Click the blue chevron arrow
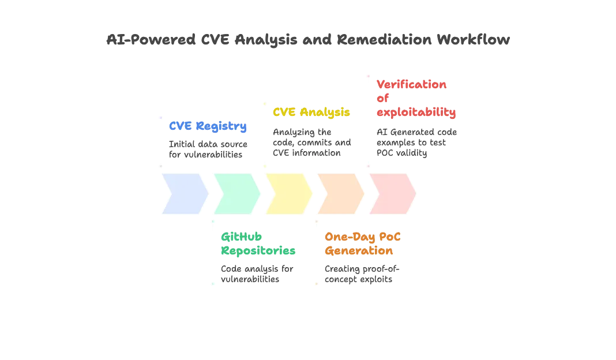tap(184, 194)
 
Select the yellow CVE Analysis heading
tap(311, 112)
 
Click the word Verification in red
tap(411, 84)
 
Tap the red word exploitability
tap(415, 112)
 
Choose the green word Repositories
tap(258, 251)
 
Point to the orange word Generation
tap(359, 251)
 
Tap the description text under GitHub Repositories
tap(258, 274)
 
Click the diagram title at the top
tap(308, 39)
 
